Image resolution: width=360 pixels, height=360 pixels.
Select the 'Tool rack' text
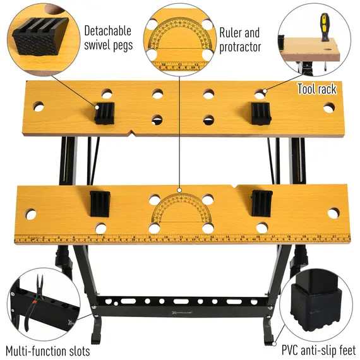tap(316, 89)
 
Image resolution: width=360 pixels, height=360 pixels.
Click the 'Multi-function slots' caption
tap(48, 351)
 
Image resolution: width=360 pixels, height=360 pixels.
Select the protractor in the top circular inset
tap(181, 37)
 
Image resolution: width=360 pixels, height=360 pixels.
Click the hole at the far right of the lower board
tap(333, 213)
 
